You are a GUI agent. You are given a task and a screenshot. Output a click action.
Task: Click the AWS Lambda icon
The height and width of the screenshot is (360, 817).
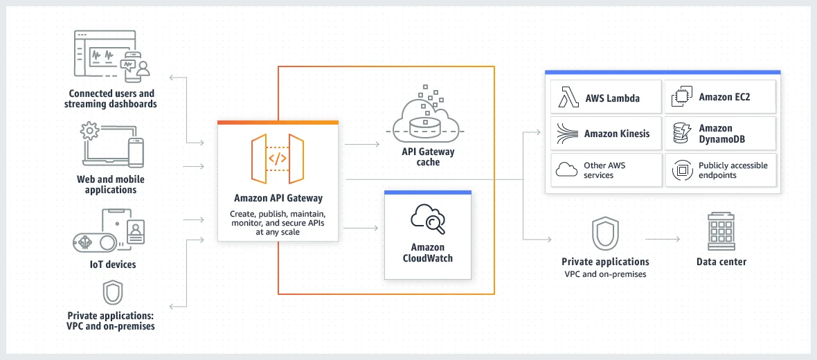point(568,98)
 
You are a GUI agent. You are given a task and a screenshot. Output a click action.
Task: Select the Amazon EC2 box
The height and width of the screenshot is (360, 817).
point(721,98)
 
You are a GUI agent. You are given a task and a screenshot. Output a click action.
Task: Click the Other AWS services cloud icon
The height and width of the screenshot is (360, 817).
point(567,170)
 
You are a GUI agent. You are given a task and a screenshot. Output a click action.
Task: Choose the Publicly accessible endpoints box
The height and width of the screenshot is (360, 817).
point(721,170)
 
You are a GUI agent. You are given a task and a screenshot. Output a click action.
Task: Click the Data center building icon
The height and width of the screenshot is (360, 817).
point(721,232)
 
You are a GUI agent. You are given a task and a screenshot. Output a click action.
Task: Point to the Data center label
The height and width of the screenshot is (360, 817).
point(721,262)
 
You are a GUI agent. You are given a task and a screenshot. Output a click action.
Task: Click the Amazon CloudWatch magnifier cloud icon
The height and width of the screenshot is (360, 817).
point(428,219)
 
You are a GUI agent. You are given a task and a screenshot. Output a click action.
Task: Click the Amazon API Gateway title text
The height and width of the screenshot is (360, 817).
point(278,199)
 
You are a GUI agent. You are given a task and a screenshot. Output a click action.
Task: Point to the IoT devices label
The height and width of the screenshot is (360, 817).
point(111,264)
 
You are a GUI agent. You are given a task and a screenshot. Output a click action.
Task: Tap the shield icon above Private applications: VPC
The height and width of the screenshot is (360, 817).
point(112,293)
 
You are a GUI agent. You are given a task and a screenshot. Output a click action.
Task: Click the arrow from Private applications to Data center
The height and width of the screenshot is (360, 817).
point(663,239)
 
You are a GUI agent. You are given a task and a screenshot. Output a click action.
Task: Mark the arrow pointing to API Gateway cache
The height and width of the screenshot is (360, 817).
point(361,145)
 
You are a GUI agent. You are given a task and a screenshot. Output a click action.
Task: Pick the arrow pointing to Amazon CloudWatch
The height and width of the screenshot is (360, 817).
point(361,228)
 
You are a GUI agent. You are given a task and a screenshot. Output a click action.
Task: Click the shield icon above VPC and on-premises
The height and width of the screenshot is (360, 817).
point(604,234)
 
